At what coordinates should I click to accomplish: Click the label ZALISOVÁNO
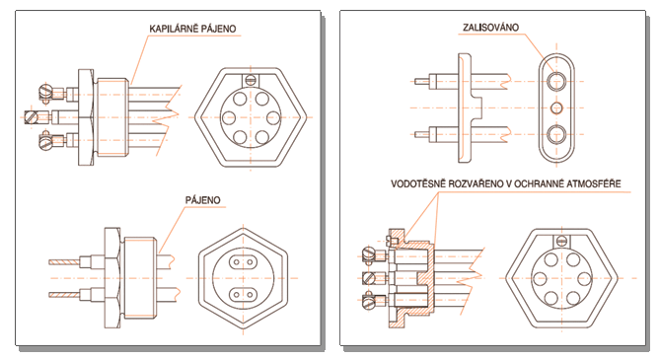point(490,28)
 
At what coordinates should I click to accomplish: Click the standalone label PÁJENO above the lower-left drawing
point(203,200)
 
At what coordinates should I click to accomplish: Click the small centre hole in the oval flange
point(556,108)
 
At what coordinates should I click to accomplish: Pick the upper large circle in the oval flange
point(556,80)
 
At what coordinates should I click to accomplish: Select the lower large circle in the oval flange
point(556,134)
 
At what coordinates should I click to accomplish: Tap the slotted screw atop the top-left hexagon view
point(251,79)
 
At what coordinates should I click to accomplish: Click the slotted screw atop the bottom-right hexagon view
point(561,241)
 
